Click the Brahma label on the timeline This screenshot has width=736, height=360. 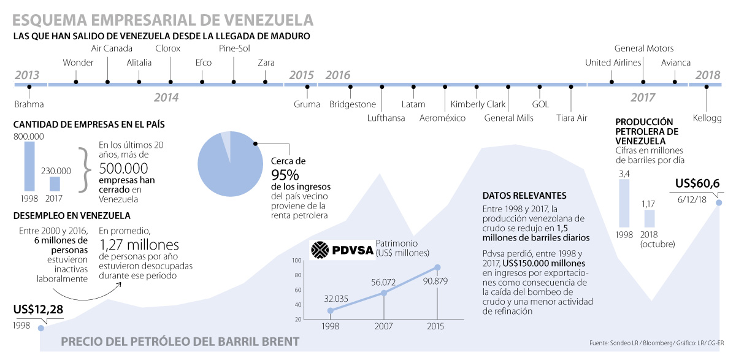click(x=29, y=104)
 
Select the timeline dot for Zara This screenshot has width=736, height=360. click(x=266, y=82)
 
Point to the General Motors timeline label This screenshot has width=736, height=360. click(x=643, y=48)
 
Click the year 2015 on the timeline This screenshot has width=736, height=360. click(x=301, y=75)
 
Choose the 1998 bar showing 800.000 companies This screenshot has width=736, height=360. click(x=29, y=166)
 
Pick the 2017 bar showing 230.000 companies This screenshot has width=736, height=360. click(x=55, y=183)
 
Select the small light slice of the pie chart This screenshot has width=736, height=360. click(x=226, y=140)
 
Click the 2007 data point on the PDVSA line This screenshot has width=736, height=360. click(x=384, y=293)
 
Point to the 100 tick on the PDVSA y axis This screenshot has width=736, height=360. click(x=297, y=261)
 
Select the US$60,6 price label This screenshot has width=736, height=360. click(x=697, y=183)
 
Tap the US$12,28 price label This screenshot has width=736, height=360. click(x=37, y=309)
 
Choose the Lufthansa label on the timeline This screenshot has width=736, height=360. click(x=386, y=118)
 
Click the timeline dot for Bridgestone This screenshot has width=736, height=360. click(x=350, y=87)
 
